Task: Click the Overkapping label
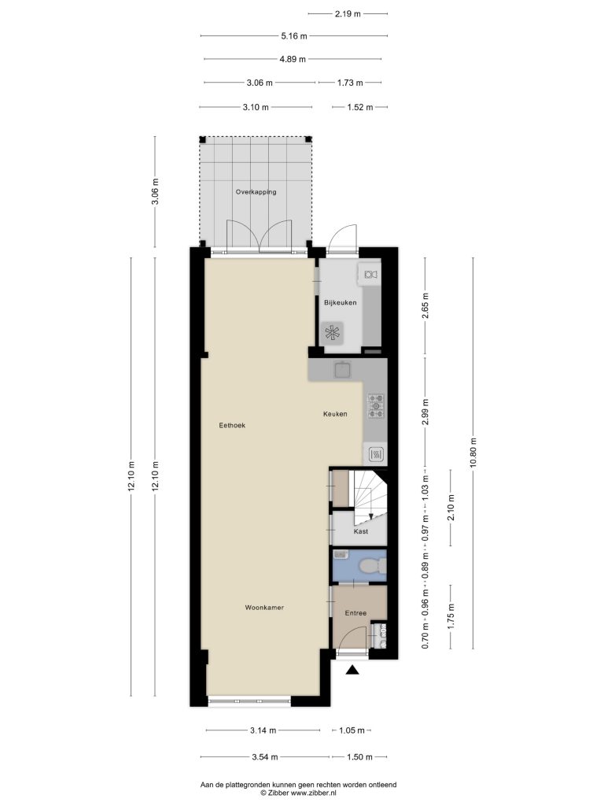click(256, 192)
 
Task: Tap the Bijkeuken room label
click(340, 302)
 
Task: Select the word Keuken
click(335, 414)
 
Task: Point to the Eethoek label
click(232, 425)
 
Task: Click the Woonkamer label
click(264, 608)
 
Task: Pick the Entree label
click(356, 612)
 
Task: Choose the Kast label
click(361, 531)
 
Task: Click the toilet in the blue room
click(373, 566)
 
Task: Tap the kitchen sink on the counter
click(342, 370)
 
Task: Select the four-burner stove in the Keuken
click(376, 405)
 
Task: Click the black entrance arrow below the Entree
click(352, 670)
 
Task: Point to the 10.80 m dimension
click(473, 452)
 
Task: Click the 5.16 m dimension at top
click(294, 36)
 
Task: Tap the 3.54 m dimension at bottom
click(265, 756)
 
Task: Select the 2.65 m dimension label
click(425, 305)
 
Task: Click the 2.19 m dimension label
click(348, 14)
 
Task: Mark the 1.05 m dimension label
click(352, 730)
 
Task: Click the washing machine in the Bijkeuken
click(333, 334)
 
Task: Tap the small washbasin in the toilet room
click(341, 554)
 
